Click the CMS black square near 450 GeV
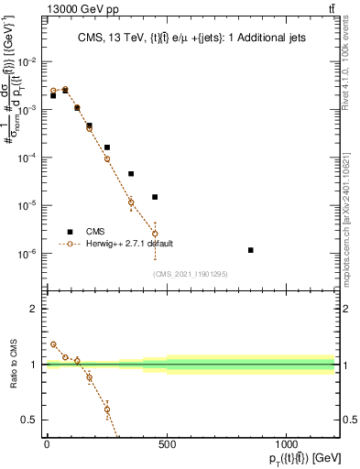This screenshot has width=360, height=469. pos(155,197)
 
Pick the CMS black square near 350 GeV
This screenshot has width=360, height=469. pos(131,174)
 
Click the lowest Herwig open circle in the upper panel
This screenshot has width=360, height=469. pos(155,234)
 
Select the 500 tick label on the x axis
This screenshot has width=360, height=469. pos(167,444)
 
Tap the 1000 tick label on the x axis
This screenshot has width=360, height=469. pos(287,444)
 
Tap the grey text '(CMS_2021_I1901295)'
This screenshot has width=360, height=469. pos(190,274)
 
